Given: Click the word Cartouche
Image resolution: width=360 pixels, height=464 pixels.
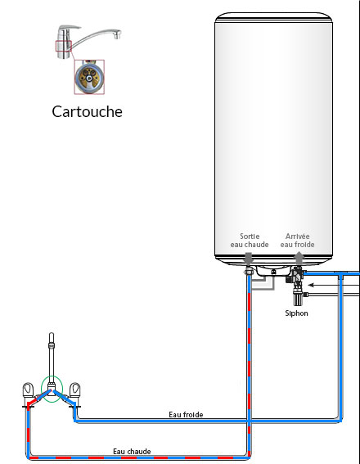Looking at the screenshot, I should pyautogui.click(x=87, y=111).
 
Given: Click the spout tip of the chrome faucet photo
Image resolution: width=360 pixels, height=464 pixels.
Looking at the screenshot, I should pyautogui.click(x=119, y=35).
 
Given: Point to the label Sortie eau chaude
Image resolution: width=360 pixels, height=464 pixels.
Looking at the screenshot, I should pyautogui.click(x=249, y=241).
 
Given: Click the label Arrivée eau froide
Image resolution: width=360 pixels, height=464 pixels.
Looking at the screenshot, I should pyautogui.click(x=297, y=241).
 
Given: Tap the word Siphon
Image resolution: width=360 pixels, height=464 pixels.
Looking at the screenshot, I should pyautogui.click(x=296, y=313).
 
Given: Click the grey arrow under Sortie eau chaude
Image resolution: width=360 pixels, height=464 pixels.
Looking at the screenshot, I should pyautogui.click(x=249, y=256).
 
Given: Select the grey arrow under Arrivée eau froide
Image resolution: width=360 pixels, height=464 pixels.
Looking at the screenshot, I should pyautogui.click(x=297, y=256).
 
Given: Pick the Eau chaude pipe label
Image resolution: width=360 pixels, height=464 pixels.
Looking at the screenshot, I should pyautogui.click(x=132, y=451).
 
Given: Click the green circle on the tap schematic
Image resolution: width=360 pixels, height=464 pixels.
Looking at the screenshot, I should pyautogui.click(x=52, y=390).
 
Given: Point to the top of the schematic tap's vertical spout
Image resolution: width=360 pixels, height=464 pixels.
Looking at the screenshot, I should pyautogui.click(x=52, y=336).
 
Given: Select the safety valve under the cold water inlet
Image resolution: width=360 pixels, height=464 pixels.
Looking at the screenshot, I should pyautogui.click(x=296, y=286).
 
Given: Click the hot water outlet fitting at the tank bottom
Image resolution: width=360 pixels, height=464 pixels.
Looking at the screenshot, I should pyautogui.click(x=249, y=268).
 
